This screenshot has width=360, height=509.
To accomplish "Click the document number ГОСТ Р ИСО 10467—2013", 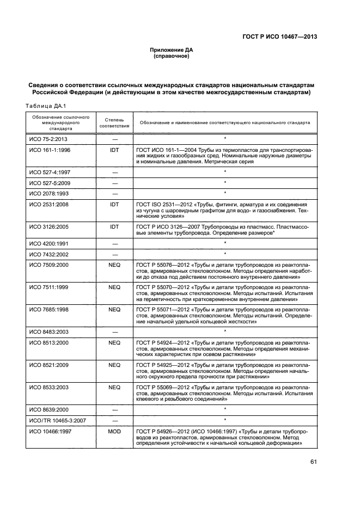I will pyautogui.click(x=279, y=37).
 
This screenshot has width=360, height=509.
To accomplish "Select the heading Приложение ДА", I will pyautogui.click(x=172, y=50).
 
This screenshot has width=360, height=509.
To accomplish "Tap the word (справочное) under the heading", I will pyautogui.click(x=172, y=56).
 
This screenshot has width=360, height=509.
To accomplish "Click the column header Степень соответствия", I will pyautogui.click(x=114, y=122).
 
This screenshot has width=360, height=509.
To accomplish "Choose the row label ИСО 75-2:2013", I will pyautogui.click(x=49, y=139).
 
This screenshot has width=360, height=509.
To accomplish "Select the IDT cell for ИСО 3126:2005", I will pyautogui.click(x=114, y=225).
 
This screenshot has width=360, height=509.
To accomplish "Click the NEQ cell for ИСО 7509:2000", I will pyautogui.click(x=114, y=265).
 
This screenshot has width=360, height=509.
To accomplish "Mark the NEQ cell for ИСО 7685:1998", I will pyautogui.click(x=114, y=309).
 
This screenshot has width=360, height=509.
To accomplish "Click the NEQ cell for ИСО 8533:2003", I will pyautogui.click(x=114, y=387).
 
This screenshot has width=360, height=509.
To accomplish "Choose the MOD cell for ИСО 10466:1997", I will pyautogui.click(x=114, y=431).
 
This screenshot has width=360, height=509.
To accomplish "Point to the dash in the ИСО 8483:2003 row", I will pyautogui.click(x=114, y=331).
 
